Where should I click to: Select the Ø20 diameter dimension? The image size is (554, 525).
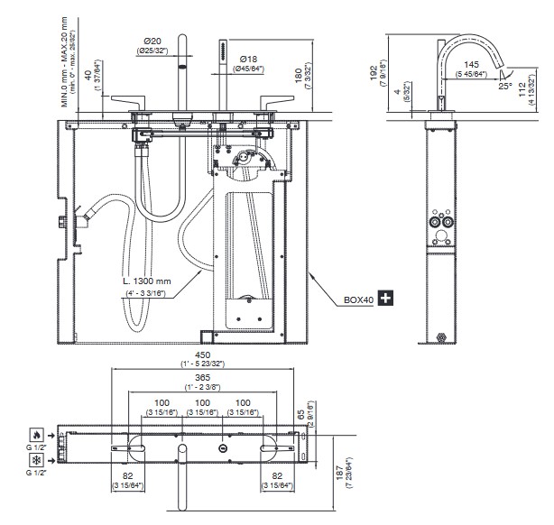pyautogui.click(x=152, y=41)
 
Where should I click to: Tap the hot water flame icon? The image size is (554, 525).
pyautogui.click(x=34, y=434)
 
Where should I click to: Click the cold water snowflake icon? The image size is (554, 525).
pyautogui.click(x=34, y=460)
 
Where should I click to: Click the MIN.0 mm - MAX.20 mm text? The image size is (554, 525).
pyautogui.click(x=66, y=60)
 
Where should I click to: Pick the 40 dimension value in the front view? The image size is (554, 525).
pyautogui.click(x=88, y=77)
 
